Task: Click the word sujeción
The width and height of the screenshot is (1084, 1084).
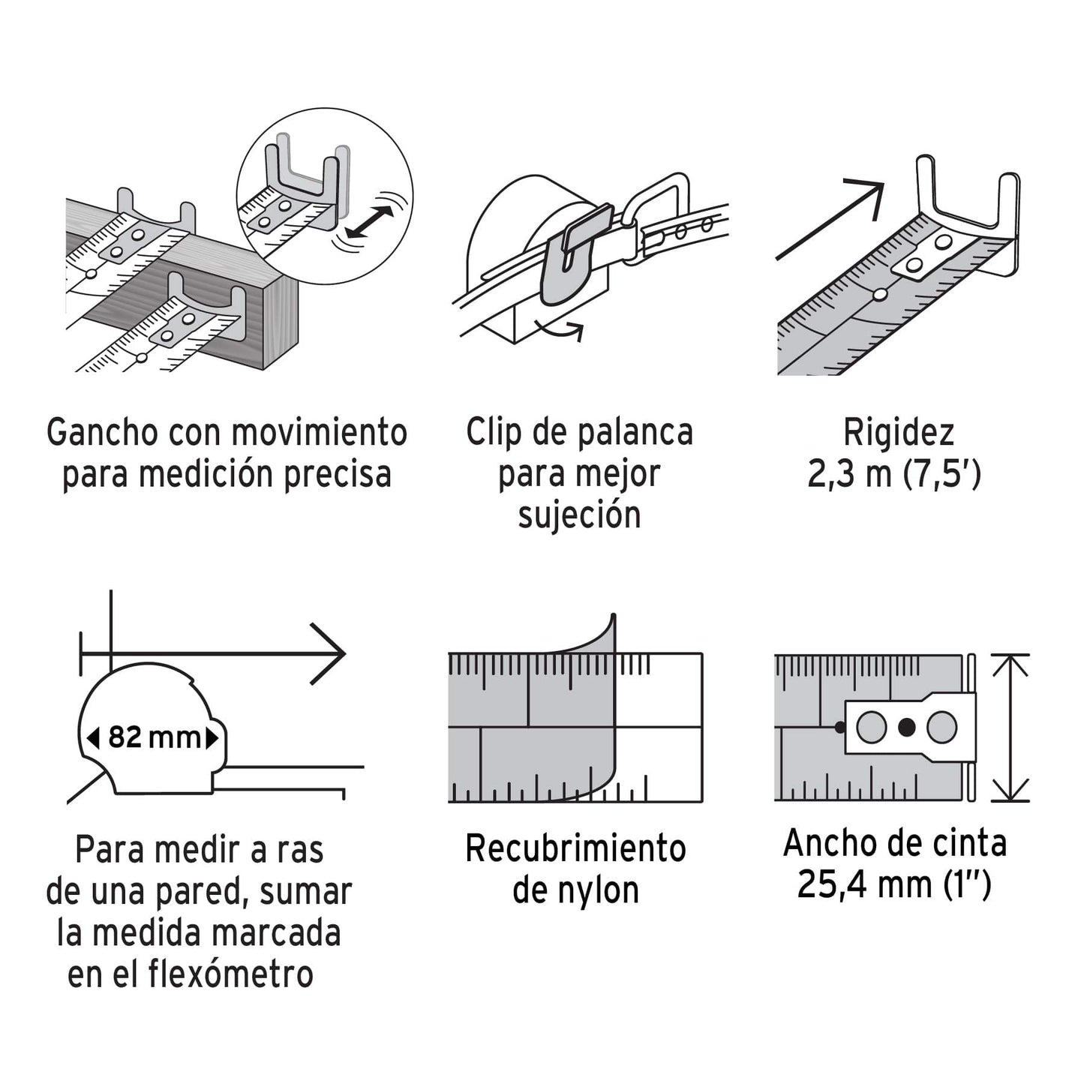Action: tap(579, 516)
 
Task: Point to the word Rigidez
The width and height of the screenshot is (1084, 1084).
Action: tap(898, 433)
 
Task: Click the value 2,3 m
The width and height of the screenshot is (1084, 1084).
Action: tap(849, 474)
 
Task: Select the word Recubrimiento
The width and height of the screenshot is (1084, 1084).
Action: tap(575, 849)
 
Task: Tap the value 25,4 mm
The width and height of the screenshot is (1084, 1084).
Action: tap(863, 884)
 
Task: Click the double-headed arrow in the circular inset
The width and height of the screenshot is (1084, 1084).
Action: tap(370, 221)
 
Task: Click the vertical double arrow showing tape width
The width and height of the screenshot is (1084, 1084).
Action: tap(1010, 727)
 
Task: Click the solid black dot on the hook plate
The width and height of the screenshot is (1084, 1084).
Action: tap(906, 727)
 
